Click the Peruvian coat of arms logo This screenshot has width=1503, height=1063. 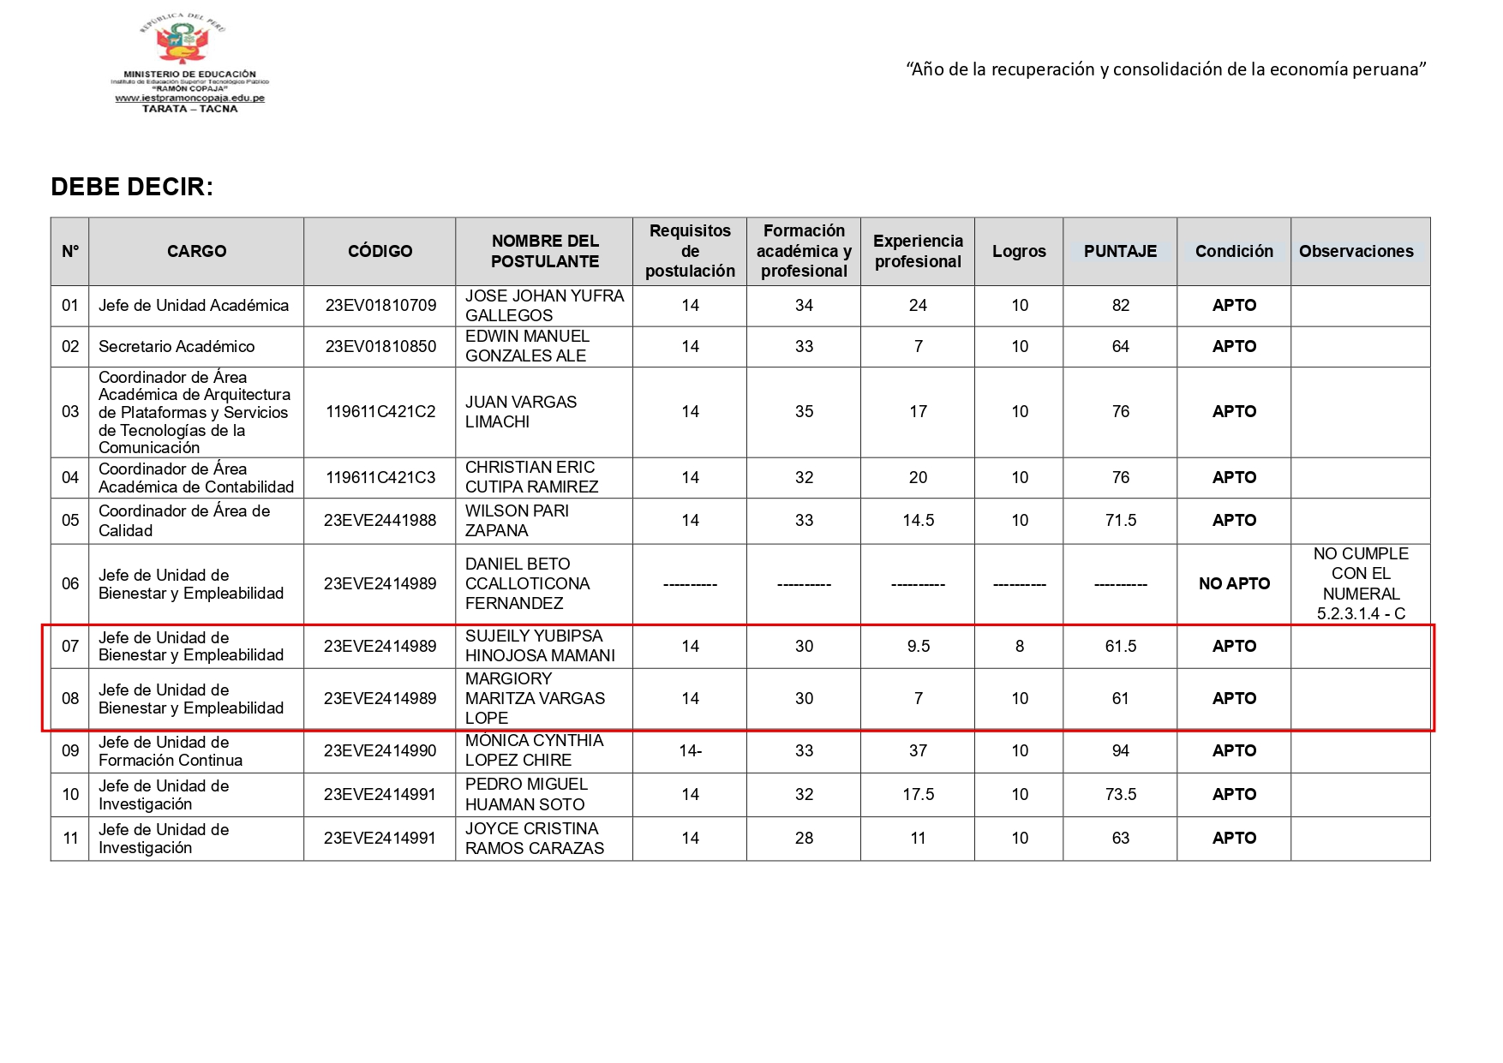(x=183, y=39)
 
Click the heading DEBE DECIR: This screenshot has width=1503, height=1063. (x=132, y=187)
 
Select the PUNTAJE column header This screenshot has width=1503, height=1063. (x=1120, y=251)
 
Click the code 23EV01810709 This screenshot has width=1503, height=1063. (x=380, y=306)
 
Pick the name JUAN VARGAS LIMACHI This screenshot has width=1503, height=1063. (x=520, y=412)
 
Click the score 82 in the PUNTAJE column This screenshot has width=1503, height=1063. (x=1120, y=306)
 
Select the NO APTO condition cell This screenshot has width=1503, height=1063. (x=1234, y=584)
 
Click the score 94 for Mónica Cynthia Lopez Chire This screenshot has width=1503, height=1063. (x=1120, y=751)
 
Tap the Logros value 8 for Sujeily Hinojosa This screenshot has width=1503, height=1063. (x=1019, y=647)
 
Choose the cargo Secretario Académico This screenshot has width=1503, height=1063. (x=177, y=347)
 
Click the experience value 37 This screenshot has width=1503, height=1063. (x=918, y=751)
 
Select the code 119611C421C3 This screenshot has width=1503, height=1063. (x=380, y=478)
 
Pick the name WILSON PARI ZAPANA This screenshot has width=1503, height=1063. (x=516, y=521)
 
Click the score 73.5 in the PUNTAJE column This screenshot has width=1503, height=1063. (x=1120, y=795)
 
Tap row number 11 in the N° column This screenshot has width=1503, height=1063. (x=70, y=839)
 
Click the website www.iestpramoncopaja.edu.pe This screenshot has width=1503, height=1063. (x=189, y=99)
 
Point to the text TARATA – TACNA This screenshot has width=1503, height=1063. (x=189, y=109)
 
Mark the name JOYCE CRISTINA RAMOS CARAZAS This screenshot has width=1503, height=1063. (x=534, y=839)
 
